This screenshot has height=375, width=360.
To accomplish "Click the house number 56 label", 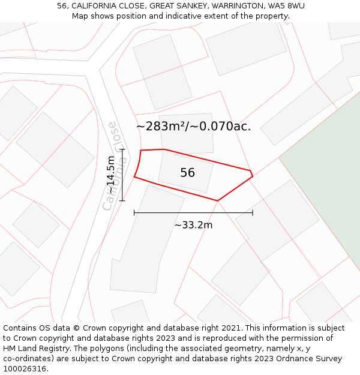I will [x=187, y=173].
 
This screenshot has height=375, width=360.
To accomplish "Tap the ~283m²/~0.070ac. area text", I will [x=193, y=127].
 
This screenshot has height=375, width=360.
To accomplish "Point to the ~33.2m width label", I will [x=193, y=225].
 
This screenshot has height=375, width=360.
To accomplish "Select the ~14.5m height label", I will [x=111, y=175].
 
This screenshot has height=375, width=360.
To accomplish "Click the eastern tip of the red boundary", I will [x=253, y=176].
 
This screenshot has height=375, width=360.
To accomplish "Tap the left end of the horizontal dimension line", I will [x=134, y=212].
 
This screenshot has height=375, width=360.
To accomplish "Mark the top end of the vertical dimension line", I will [x=122, y=149].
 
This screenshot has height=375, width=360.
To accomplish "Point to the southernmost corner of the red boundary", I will [x=217, y=201].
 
